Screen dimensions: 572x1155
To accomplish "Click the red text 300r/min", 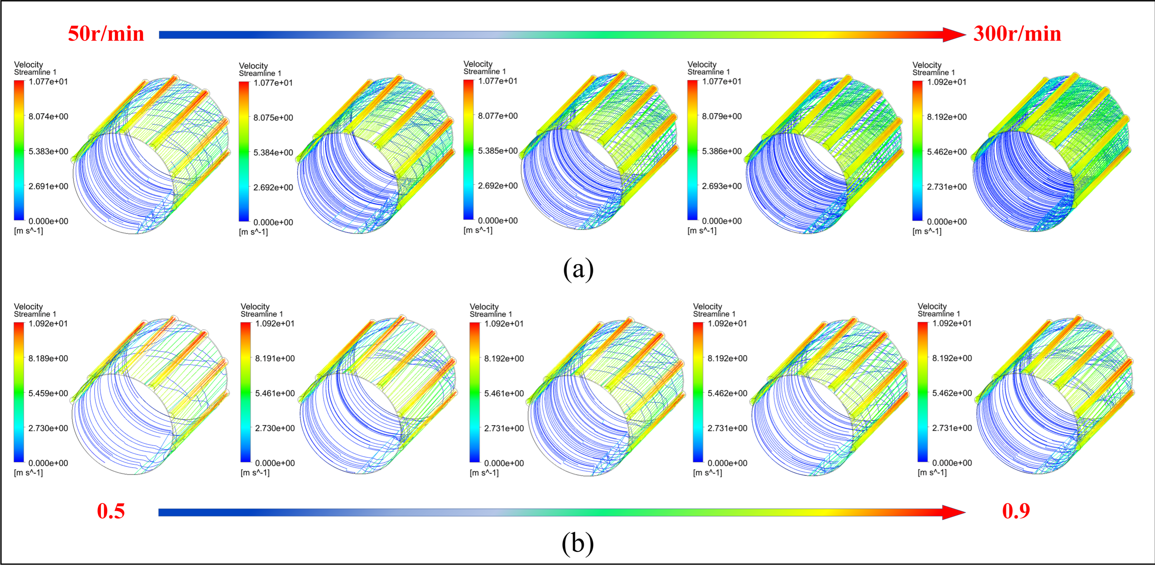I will click(x=1017, y=34).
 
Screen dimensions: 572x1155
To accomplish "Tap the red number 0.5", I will click(x=111, y=511).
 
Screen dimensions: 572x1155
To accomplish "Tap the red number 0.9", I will click(x=1016, y=511).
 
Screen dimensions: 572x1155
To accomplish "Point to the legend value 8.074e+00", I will click(x=48, y=117).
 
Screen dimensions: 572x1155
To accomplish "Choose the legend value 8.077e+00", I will click(x=498, y=116).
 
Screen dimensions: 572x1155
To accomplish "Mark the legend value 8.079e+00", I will click(x=722, y=116).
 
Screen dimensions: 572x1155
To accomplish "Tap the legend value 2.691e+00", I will click(x=48, y=186).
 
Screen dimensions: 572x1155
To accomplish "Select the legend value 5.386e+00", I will click(x=722, y=151).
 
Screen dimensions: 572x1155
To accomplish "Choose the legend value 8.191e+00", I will click(x=275, y=358).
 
